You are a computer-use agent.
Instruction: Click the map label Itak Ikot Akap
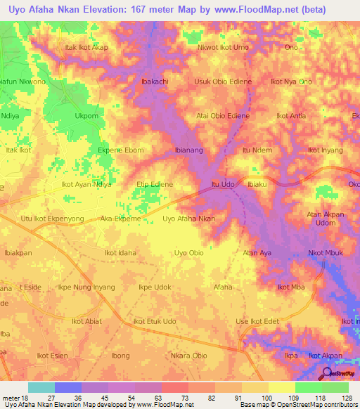(86, 47)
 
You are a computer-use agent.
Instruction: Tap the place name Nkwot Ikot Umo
(224, 47)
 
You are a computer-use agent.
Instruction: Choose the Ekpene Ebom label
(120, 150)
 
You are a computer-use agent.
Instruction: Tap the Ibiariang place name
(189, 150)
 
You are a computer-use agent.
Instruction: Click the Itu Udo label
(223, 184)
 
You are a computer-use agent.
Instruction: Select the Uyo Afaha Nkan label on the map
(188, 219)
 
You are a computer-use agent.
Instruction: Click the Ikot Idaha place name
(120, 252)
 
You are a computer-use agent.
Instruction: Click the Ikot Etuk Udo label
(155, 321)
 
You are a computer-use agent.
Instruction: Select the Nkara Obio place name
(188, 356)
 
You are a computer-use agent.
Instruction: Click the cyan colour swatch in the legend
(41, 387)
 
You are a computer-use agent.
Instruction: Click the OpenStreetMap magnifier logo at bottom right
(326, 375)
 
